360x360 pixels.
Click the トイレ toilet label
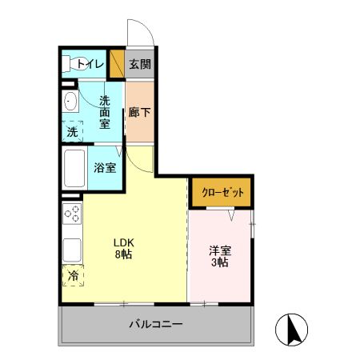90,65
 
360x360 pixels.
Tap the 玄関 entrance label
140,65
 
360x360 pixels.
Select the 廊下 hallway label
139,113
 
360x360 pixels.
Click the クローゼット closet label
222,193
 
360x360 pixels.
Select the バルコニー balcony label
157,325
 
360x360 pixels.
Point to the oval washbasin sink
69,102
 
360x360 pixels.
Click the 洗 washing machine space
74,130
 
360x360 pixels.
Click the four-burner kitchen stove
71,214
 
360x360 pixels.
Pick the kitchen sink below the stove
71,247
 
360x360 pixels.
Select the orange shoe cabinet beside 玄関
117,65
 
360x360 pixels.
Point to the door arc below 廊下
140,158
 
